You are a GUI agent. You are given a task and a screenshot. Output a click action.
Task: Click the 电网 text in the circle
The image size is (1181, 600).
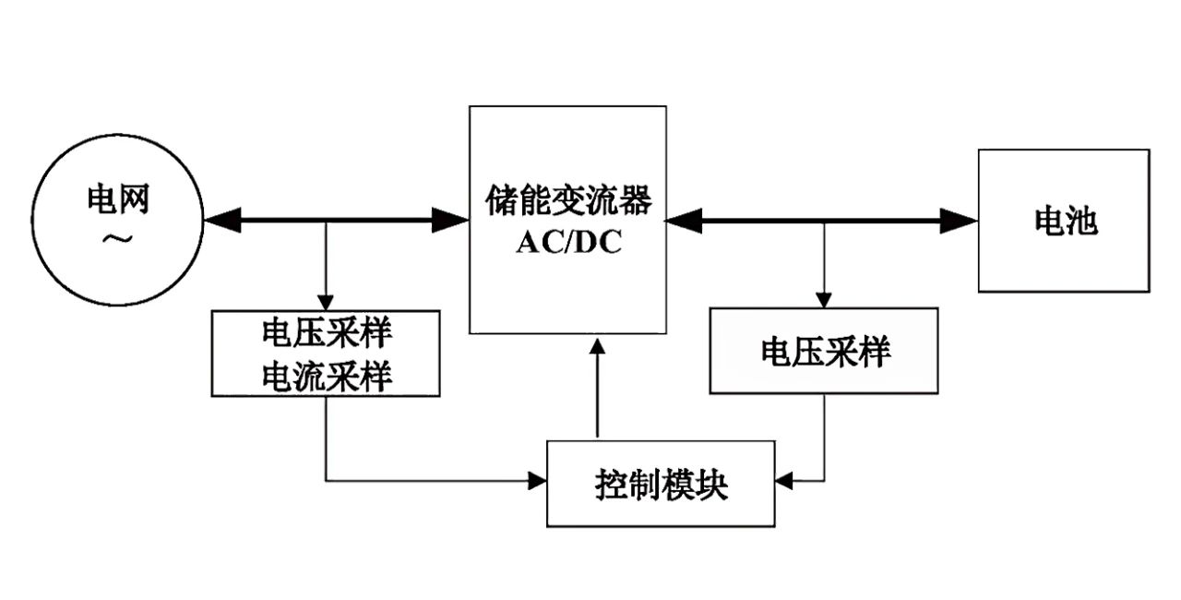pyautogui.click(x=117, y=198)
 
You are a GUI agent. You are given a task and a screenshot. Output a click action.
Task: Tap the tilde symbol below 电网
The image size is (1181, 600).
pyautogui.click(x=117, y=239)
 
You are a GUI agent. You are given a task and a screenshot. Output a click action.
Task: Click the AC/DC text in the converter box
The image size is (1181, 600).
pyautogui.click(x=568, y=242)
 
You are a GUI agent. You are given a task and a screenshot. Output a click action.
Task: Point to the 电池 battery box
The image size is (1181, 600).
pyautogui.click(x=1064, y=221)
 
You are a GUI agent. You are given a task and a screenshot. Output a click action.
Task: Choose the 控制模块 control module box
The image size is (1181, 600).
pyautogui.click(x=661, y=484)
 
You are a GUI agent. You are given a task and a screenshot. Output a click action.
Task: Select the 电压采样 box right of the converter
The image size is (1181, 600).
pyautogui.click(x=824, y=351)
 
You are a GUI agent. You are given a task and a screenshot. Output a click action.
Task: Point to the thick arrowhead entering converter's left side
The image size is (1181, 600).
pyautogui.click(x=452, y=220)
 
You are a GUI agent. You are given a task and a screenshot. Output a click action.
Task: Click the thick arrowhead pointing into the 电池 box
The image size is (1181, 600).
pyautogui.click(x=960, y=220)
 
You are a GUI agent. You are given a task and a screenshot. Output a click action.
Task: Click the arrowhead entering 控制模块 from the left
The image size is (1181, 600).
pyautogui.click(x=537, y=480)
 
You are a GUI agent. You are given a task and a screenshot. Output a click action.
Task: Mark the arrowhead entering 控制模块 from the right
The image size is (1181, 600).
pyautogui.click(x=784, y=480)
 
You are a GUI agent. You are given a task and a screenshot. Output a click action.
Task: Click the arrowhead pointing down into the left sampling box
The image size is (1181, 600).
pyautogui.click(x=326, y=302)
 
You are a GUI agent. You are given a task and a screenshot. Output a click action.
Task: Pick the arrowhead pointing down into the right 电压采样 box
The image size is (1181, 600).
pyautogui.click(x=824, y=299)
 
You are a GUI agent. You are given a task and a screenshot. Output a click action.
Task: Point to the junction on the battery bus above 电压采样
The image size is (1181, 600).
pyautogui.click(x=824, y=221)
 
